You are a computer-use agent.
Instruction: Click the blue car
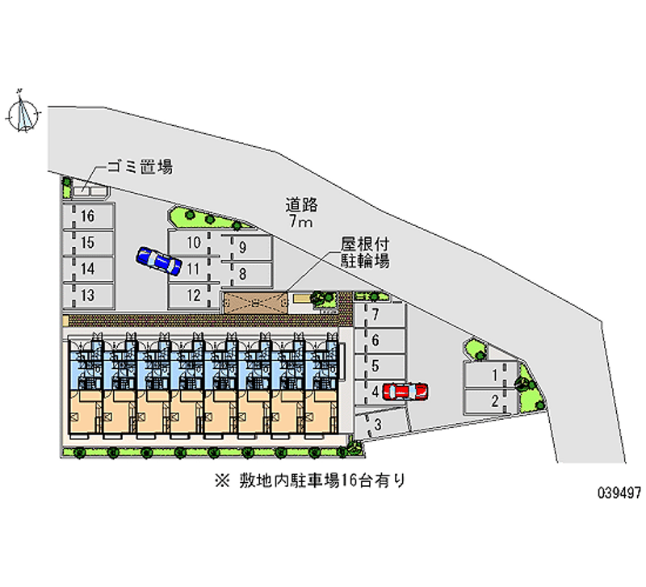point(158,261)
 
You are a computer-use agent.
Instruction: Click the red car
point(405,392)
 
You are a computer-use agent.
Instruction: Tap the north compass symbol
point(23,112)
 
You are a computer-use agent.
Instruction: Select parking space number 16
point(88,216)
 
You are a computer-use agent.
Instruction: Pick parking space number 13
point(88,296)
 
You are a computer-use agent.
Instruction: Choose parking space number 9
point(246,247)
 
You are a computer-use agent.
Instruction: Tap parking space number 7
point(380,315)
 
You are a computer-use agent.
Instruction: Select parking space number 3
point(381,423)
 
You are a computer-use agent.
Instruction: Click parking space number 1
point(490,375)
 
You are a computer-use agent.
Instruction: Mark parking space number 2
point(490,400)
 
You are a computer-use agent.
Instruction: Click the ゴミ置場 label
point(140,167)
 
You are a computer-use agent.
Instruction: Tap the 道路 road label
point(301,205)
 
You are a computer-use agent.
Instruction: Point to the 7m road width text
point(300,221)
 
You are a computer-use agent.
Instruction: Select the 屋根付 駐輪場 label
point(365,253)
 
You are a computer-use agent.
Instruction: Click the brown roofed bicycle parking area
point(254,303)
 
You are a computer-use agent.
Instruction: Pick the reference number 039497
point(619,493)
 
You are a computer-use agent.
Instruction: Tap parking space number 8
point(246,274)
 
